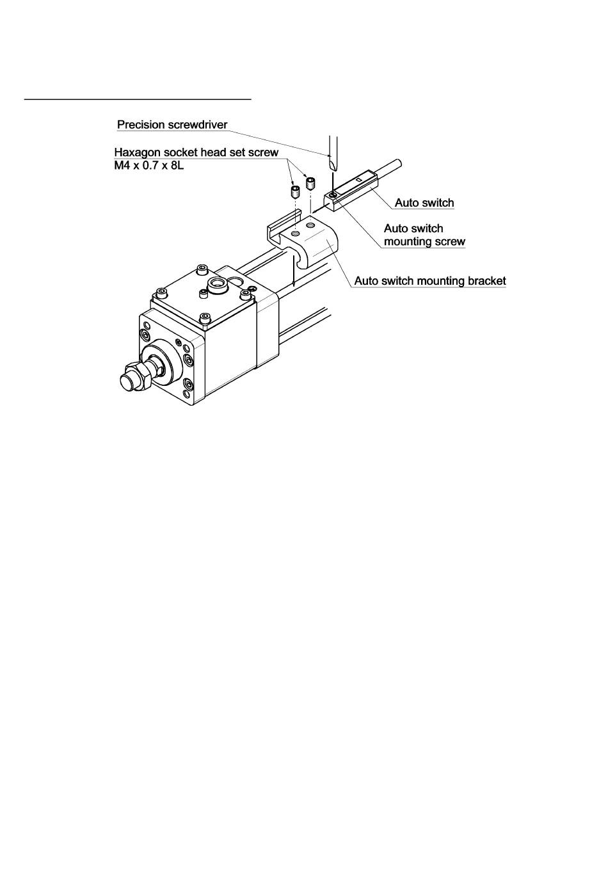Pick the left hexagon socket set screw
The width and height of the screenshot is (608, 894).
coord(295,192)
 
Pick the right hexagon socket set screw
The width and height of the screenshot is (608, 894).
coord(311,184)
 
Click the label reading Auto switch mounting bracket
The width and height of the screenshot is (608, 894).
coord(430,281)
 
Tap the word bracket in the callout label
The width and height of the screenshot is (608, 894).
coord(486,281)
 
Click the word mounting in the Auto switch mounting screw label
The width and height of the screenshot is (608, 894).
coord(406,242)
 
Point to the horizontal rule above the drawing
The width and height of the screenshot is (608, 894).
coord(138,100)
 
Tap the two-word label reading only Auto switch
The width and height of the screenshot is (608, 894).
coord(424,204)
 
